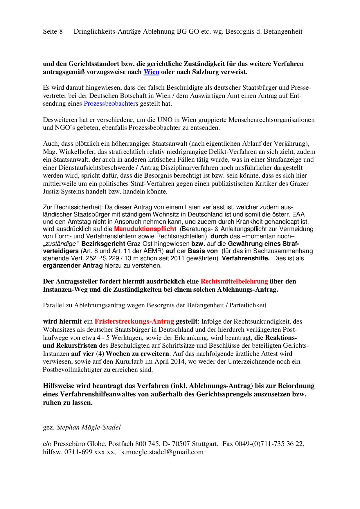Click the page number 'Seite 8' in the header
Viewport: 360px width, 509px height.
[53, 31]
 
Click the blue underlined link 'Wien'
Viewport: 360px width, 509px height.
[151, 72]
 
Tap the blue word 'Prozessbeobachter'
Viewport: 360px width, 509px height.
[109, 103]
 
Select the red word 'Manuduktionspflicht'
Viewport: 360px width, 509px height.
[145, 229]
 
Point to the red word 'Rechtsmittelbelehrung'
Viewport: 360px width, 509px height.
[234, 281]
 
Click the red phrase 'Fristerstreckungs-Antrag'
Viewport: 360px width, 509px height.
[134, 321]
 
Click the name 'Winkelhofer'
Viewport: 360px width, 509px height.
[75, 151]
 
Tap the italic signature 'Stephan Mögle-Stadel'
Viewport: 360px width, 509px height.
[89, 427]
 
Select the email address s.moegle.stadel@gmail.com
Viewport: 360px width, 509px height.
[162, 452]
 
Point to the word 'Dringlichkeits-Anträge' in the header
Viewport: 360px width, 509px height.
[107, 31]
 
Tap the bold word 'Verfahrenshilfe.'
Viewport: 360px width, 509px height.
[246, 258]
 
